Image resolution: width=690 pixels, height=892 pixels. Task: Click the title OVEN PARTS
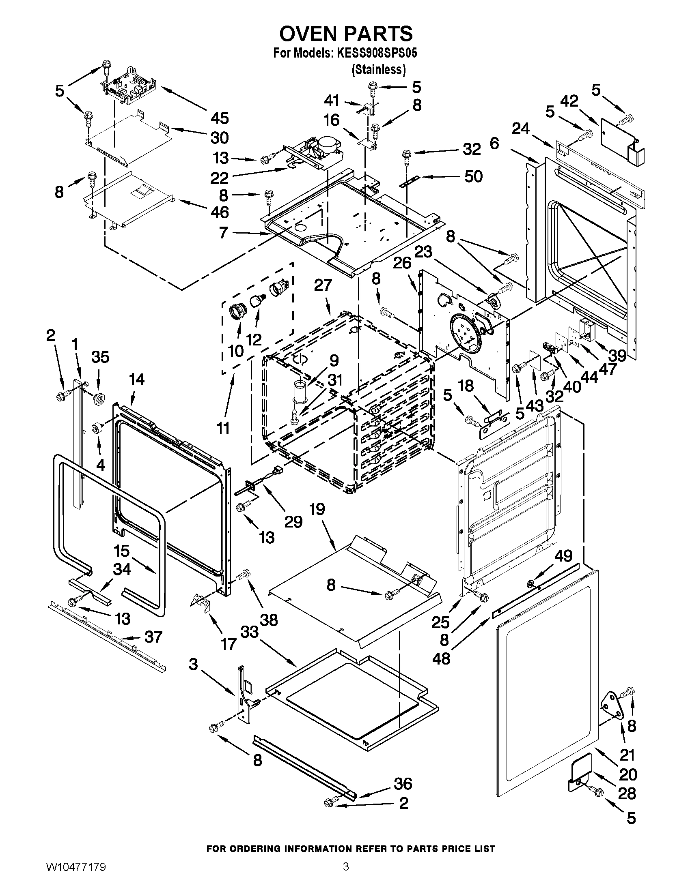345,33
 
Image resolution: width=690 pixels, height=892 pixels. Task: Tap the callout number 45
220,118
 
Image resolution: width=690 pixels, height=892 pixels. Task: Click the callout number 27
323,285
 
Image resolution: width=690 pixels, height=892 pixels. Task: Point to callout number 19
317,509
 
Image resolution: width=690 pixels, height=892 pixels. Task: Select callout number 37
153,637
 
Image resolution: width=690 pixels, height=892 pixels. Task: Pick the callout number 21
626,755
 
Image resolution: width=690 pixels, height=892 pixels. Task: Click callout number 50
473,176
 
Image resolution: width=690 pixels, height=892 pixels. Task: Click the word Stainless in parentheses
379,70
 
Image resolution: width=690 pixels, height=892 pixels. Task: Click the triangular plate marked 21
612,705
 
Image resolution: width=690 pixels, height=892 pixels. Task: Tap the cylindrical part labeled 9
300,392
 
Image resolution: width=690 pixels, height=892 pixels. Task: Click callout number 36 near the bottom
403,784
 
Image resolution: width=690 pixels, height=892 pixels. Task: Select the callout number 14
136,380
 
